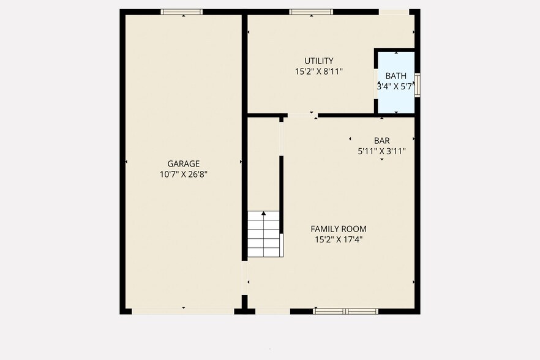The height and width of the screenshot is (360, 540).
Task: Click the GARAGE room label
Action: click(x=184, y=163)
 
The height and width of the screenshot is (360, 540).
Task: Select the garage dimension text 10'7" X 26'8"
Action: click(x=184, y=174)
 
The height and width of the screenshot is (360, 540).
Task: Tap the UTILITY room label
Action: click(x=319, y=61)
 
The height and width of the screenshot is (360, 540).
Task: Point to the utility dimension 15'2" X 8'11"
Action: click(x=319, y=71)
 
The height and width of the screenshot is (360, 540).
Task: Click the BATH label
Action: click(x=396, y=76)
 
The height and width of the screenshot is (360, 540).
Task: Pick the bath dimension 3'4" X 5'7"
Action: click(x=395, y=86)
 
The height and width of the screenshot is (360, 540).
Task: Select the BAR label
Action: click(x=382, y=140)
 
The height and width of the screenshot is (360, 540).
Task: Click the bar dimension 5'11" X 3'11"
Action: click(x=382, y=151)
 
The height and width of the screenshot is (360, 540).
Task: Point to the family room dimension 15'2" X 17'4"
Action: click(x=339, y=239)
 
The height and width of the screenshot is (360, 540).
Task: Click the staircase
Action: click(x=264, y=234)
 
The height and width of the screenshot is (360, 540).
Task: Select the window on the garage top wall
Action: click(x=182, y=12)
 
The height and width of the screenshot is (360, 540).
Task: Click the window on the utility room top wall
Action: click(x=311, y=12)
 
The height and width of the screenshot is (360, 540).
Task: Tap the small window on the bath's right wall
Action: click(x=417, y=85)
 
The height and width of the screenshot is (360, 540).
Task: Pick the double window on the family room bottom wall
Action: click(x=345, y=311)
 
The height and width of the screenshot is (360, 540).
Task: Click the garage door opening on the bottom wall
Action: click(x=183, y=311)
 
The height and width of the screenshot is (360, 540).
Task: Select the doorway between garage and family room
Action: click(x=245, y=279)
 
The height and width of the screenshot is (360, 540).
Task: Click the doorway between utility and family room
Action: click(x=302, y=114)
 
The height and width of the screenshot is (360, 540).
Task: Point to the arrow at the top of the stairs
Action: click(x=264, y=214)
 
